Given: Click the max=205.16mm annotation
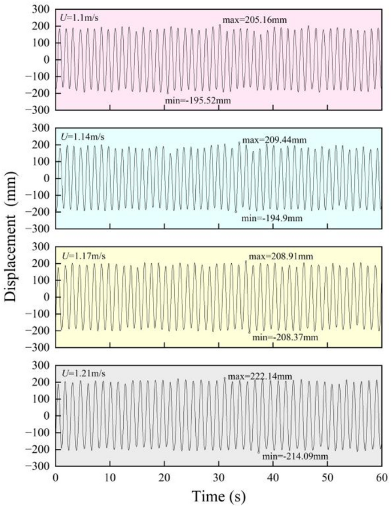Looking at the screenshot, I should [254, 20].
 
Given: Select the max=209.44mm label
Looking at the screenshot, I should [273, 140].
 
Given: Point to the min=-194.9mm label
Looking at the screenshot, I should [270, 218].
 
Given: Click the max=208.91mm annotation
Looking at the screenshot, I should [280, 256].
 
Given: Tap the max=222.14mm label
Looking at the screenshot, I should [260, 376].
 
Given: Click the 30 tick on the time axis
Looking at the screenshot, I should [219, 476].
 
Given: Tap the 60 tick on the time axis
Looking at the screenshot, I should [381, 476].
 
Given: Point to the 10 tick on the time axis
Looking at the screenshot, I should [110, 476].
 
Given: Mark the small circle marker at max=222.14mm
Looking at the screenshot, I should [225, 378].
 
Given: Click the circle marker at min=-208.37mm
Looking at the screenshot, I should [249, 332].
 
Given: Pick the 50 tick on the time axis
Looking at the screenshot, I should [327, 476].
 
